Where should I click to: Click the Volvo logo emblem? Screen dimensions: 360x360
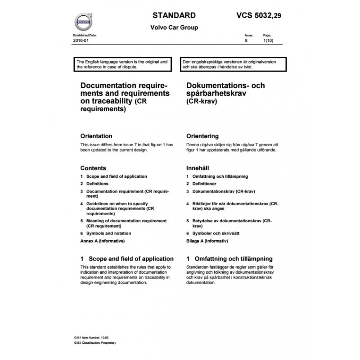(x=83, y=21)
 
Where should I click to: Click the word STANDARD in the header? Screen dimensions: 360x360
(x=174, y=15)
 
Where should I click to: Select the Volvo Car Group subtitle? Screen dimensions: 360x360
(x=174, y=27)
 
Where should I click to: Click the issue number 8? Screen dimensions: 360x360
(x=246, y=40)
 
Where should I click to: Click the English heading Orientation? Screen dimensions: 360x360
(x=96, y=136)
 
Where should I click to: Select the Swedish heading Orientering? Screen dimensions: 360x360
(x=202, y=136)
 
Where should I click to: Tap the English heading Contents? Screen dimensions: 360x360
(x=93, y=168)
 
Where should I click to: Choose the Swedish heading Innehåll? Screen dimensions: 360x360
(x=198, y=168)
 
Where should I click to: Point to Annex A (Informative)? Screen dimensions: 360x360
(x=102, y=241)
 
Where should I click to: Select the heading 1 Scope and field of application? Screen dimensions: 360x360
(x=126, y=259)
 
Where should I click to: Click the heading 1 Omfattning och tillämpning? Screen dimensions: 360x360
(x=229, y=259)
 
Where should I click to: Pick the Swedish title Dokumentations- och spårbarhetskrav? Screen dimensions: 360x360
(x=225, y=90)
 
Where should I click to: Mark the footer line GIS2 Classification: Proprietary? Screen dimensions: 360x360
(x=95, y=342)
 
